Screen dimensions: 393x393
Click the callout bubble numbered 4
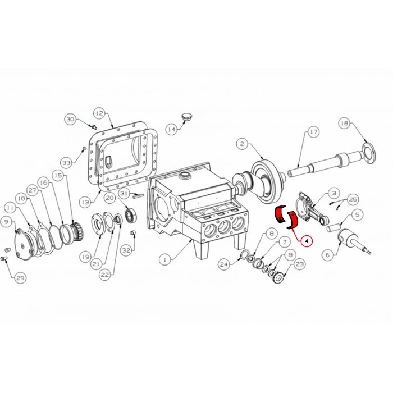point(307,241)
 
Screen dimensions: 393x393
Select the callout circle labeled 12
point(99,113)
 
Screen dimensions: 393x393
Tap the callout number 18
point(344,124)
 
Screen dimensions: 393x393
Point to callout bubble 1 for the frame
point(164,260)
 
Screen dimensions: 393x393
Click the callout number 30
point(70,119)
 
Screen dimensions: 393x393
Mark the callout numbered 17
point(313,132)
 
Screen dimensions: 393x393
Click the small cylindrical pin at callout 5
point(335,227)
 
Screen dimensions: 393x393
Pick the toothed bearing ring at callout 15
point(73,230)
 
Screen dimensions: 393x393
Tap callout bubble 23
point(299,263)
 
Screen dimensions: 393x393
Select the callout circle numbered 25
point(353,199)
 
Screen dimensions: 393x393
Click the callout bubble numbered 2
point(242,144)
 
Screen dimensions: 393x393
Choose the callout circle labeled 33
point(67,163)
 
